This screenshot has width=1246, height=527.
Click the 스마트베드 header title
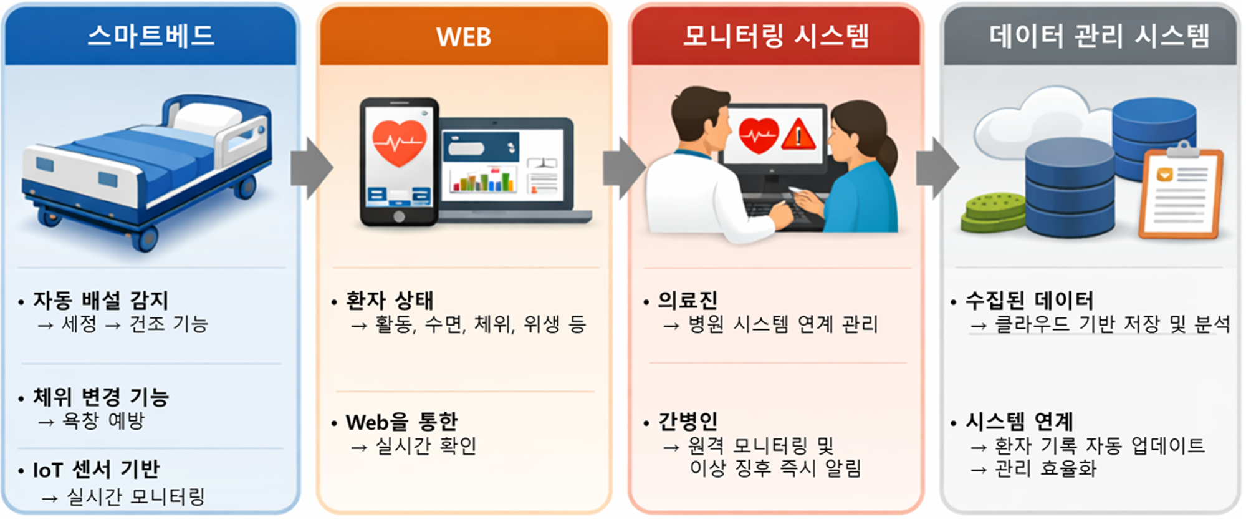tap(151, 35)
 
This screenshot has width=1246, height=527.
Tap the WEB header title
tap(464, 37)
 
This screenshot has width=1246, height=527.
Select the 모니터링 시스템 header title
tap(776, 36)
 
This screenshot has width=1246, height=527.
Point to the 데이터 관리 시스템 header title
tap(1100, 36)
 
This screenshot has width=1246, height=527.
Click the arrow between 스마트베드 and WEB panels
tap(312, 168)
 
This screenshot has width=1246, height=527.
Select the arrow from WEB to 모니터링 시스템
tap(624, 168)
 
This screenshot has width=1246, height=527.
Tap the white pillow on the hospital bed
tap(208, 118)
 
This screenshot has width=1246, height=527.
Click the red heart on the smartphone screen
tap(399, 143)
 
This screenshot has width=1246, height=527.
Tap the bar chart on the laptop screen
tap(482, 180)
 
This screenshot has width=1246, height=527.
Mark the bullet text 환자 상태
tap(390, 301)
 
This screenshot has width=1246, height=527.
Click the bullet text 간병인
tap(688, 422)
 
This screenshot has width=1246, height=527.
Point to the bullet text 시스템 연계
tap(1020, 422)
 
